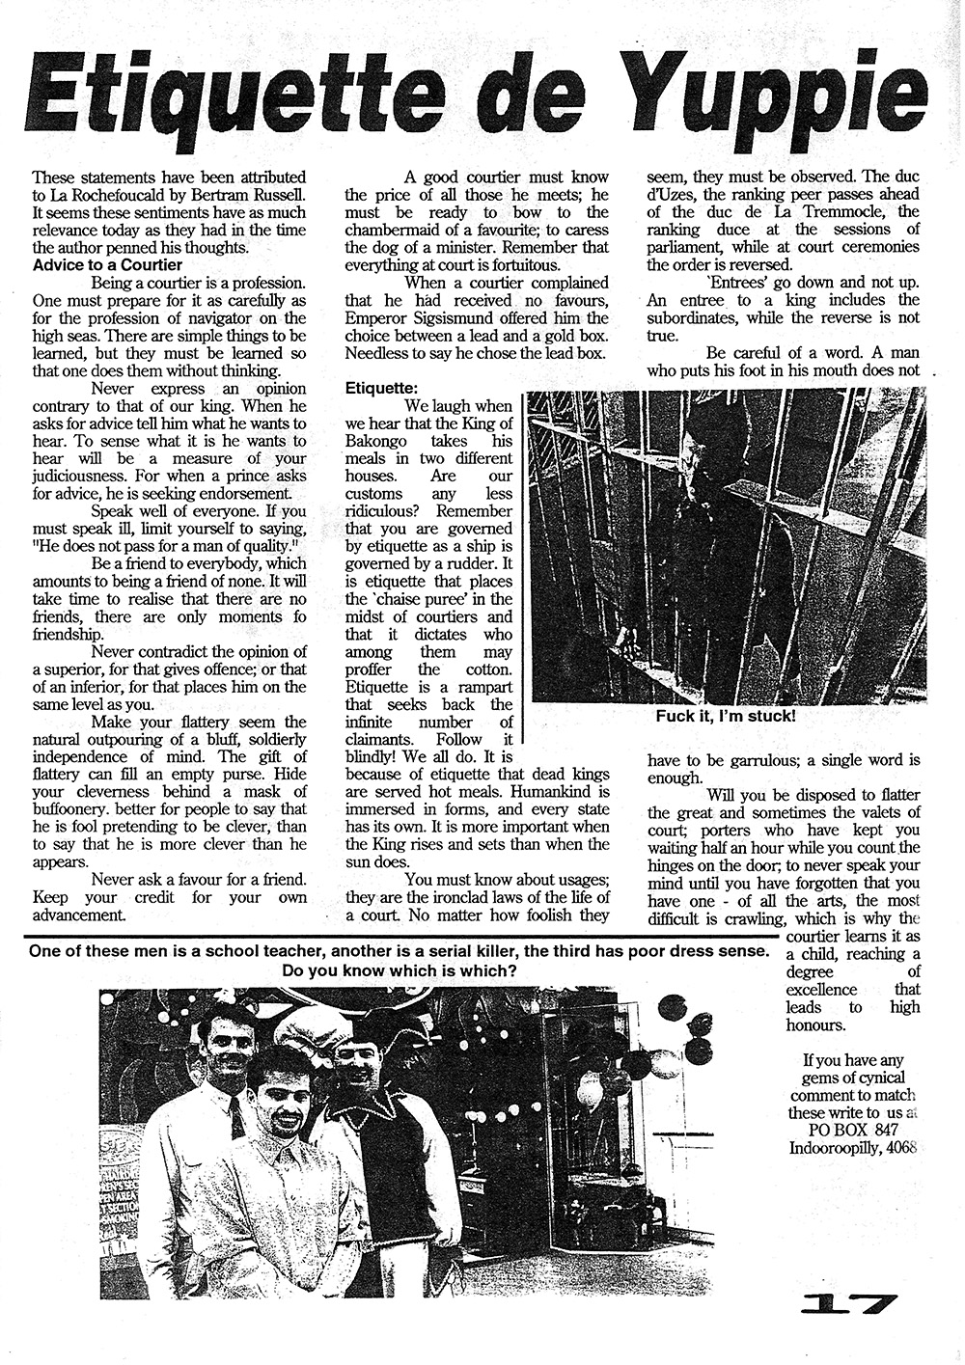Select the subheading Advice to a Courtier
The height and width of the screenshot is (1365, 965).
click(x=99, y=263)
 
